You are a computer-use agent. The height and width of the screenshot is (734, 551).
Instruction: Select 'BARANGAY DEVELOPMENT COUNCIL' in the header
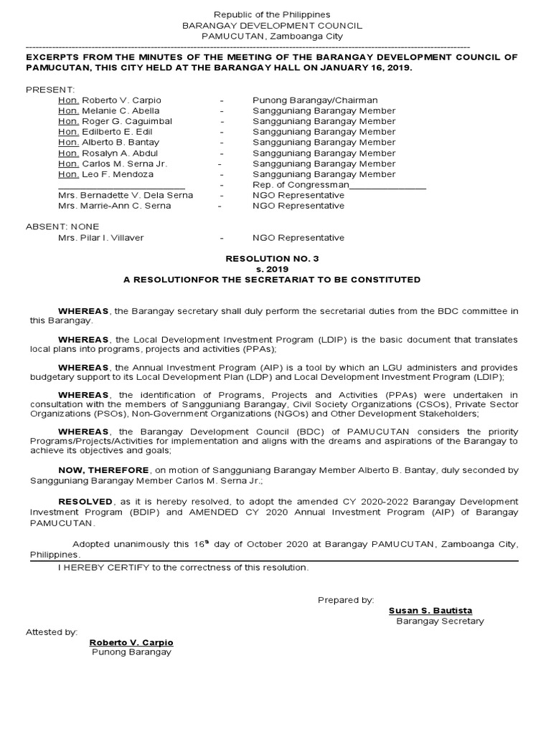click(272, 25)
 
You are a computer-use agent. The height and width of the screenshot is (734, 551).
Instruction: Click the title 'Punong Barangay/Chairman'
click(315, 100)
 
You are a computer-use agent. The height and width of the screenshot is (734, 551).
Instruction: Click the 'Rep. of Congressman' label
click(300, 185)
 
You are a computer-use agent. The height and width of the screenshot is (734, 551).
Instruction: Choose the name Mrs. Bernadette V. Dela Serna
click(121, 195)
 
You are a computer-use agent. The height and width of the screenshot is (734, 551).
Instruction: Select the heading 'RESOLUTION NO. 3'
click(272, 258)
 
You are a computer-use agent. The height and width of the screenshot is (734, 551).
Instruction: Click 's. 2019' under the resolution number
click(272, 269)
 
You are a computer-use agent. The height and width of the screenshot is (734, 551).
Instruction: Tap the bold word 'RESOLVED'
click(85, 502)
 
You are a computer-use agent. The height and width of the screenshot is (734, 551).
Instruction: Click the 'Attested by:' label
click(51, 632)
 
